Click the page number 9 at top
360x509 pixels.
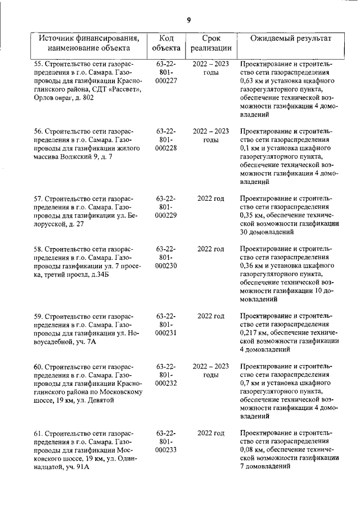coord(189,20)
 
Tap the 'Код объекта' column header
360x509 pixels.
coord(166,43)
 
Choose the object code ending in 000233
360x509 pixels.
coord(166,451)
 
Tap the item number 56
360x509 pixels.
coord(38,132)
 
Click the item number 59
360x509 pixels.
coord(38,316)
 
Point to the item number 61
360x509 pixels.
coord(38,433)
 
